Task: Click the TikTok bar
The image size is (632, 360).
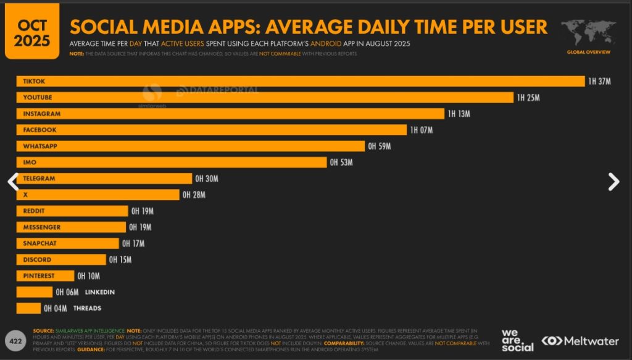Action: (300, 82)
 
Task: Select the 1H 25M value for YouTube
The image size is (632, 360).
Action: (529, 98)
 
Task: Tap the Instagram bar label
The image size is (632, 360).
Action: (41, 114)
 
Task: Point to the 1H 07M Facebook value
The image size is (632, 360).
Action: (422, 130)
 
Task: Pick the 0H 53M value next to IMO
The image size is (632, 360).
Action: (341, 162)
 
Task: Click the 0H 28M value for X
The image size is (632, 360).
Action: (194, 195)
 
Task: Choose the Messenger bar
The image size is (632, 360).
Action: (71, 227)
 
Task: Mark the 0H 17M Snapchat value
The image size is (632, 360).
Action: (133, 244)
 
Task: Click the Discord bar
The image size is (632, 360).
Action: (61, 260)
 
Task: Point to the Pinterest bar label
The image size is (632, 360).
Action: (39, 276)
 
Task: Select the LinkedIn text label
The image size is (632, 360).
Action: (99, 292)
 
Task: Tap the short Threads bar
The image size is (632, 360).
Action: (28, 308)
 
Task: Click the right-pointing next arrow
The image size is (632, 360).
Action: (613, 181)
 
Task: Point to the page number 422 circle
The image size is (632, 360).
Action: (14, 340)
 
